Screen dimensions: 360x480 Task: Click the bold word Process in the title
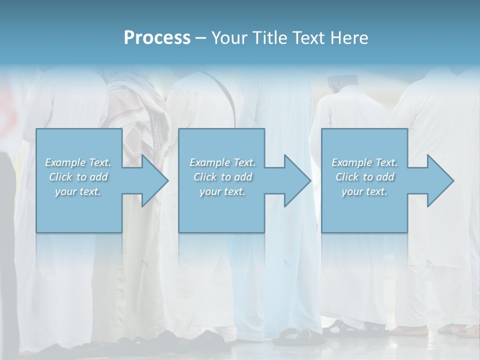click(x=157, y=38)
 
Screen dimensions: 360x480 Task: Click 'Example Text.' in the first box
click(x=78, y=162)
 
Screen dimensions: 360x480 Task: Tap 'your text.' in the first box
click(x=78, y=191)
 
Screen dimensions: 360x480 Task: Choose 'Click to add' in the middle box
click(x=222, y=177)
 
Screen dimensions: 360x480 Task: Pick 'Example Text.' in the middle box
click(x=222, y=162)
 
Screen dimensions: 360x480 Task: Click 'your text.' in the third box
click(x=364, y=191)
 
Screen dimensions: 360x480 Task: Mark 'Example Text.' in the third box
click(x=364, y=162)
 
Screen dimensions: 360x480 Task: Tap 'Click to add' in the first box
click(x=78, y=177)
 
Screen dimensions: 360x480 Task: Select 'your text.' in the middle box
click(x=222, y=191)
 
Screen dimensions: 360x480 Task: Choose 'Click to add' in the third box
click(x=364, y=177)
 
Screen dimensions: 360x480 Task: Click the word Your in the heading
click(x=229, y=38)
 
